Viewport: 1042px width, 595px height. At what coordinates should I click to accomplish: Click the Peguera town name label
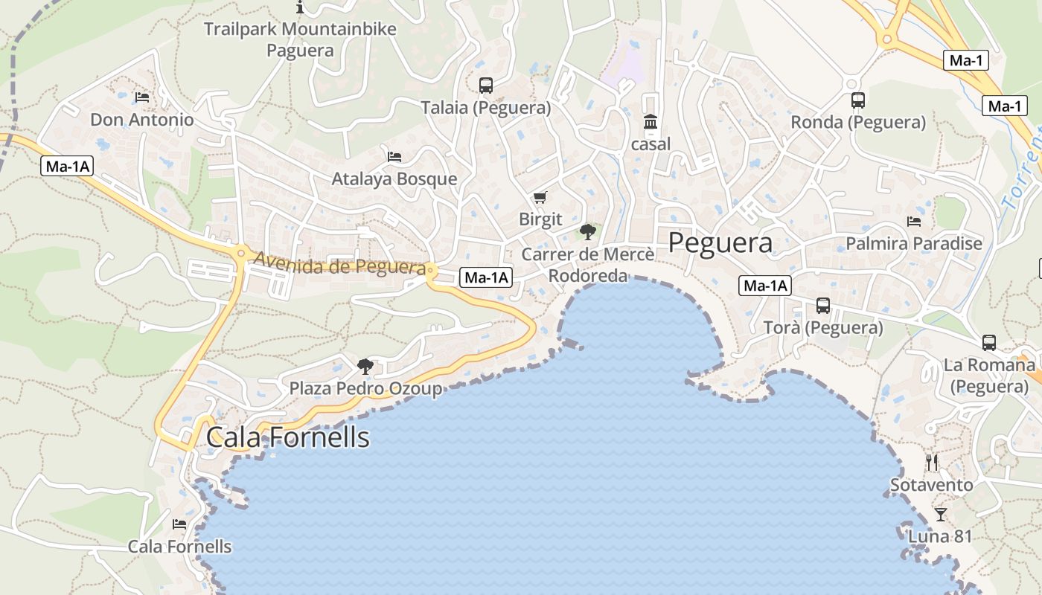tap(720, 243)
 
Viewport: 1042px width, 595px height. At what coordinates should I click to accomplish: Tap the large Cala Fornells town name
tap(287, 437)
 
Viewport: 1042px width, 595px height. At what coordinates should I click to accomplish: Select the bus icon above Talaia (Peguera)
tap(486, 86)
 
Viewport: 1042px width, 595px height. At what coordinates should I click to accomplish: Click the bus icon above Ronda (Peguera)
tap(857, 100)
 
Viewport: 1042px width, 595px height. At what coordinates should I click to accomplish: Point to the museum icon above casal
tap(651, 121)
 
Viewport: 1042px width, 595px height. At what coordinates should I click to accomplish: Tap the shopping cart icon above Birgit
tap(540, 197)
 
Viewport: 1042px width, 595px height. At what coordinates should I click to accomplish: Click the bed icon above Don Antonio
tap(142, 97)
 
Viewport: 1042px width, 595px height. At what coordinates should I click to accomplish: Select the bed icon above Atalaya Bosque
tap(394, 156)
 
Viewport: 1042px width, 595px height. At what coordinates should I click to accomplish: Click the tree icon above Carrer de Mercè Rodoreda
tap(588, 231)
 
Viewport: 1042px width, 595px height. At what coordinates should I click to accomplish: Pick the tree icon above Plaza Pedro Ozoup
tap(365, 366)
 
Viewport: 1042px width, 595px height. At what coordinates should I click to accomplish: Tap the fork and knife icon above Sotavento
tap(932, 463)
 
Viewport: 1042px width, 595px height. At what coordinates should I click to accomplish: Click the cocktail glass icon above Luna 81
tap(941, 514)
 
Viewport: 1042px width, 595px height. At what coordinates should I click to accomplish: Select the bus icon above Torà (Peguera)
tap(823, 305)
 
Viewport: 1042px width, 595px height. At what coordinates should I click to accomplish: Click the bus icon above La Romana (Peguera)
tap(988, 343)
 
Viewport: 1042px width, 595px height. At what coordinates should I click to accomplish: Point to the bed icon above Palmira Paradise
tap(914, 221)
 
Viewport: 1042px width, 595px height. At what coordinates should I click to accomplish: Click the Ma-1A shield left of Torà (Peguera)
tap(764, 286)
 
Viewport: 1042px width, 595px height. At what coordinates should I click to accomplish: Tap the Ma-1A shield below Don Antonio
tap(67, 167)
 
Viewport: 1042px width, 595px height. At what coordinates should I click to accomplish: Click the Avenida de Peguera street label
tap(340, 265)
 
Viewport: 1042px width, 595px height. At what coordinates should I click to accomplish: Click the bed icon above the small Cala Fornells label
tap(179, 524)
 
